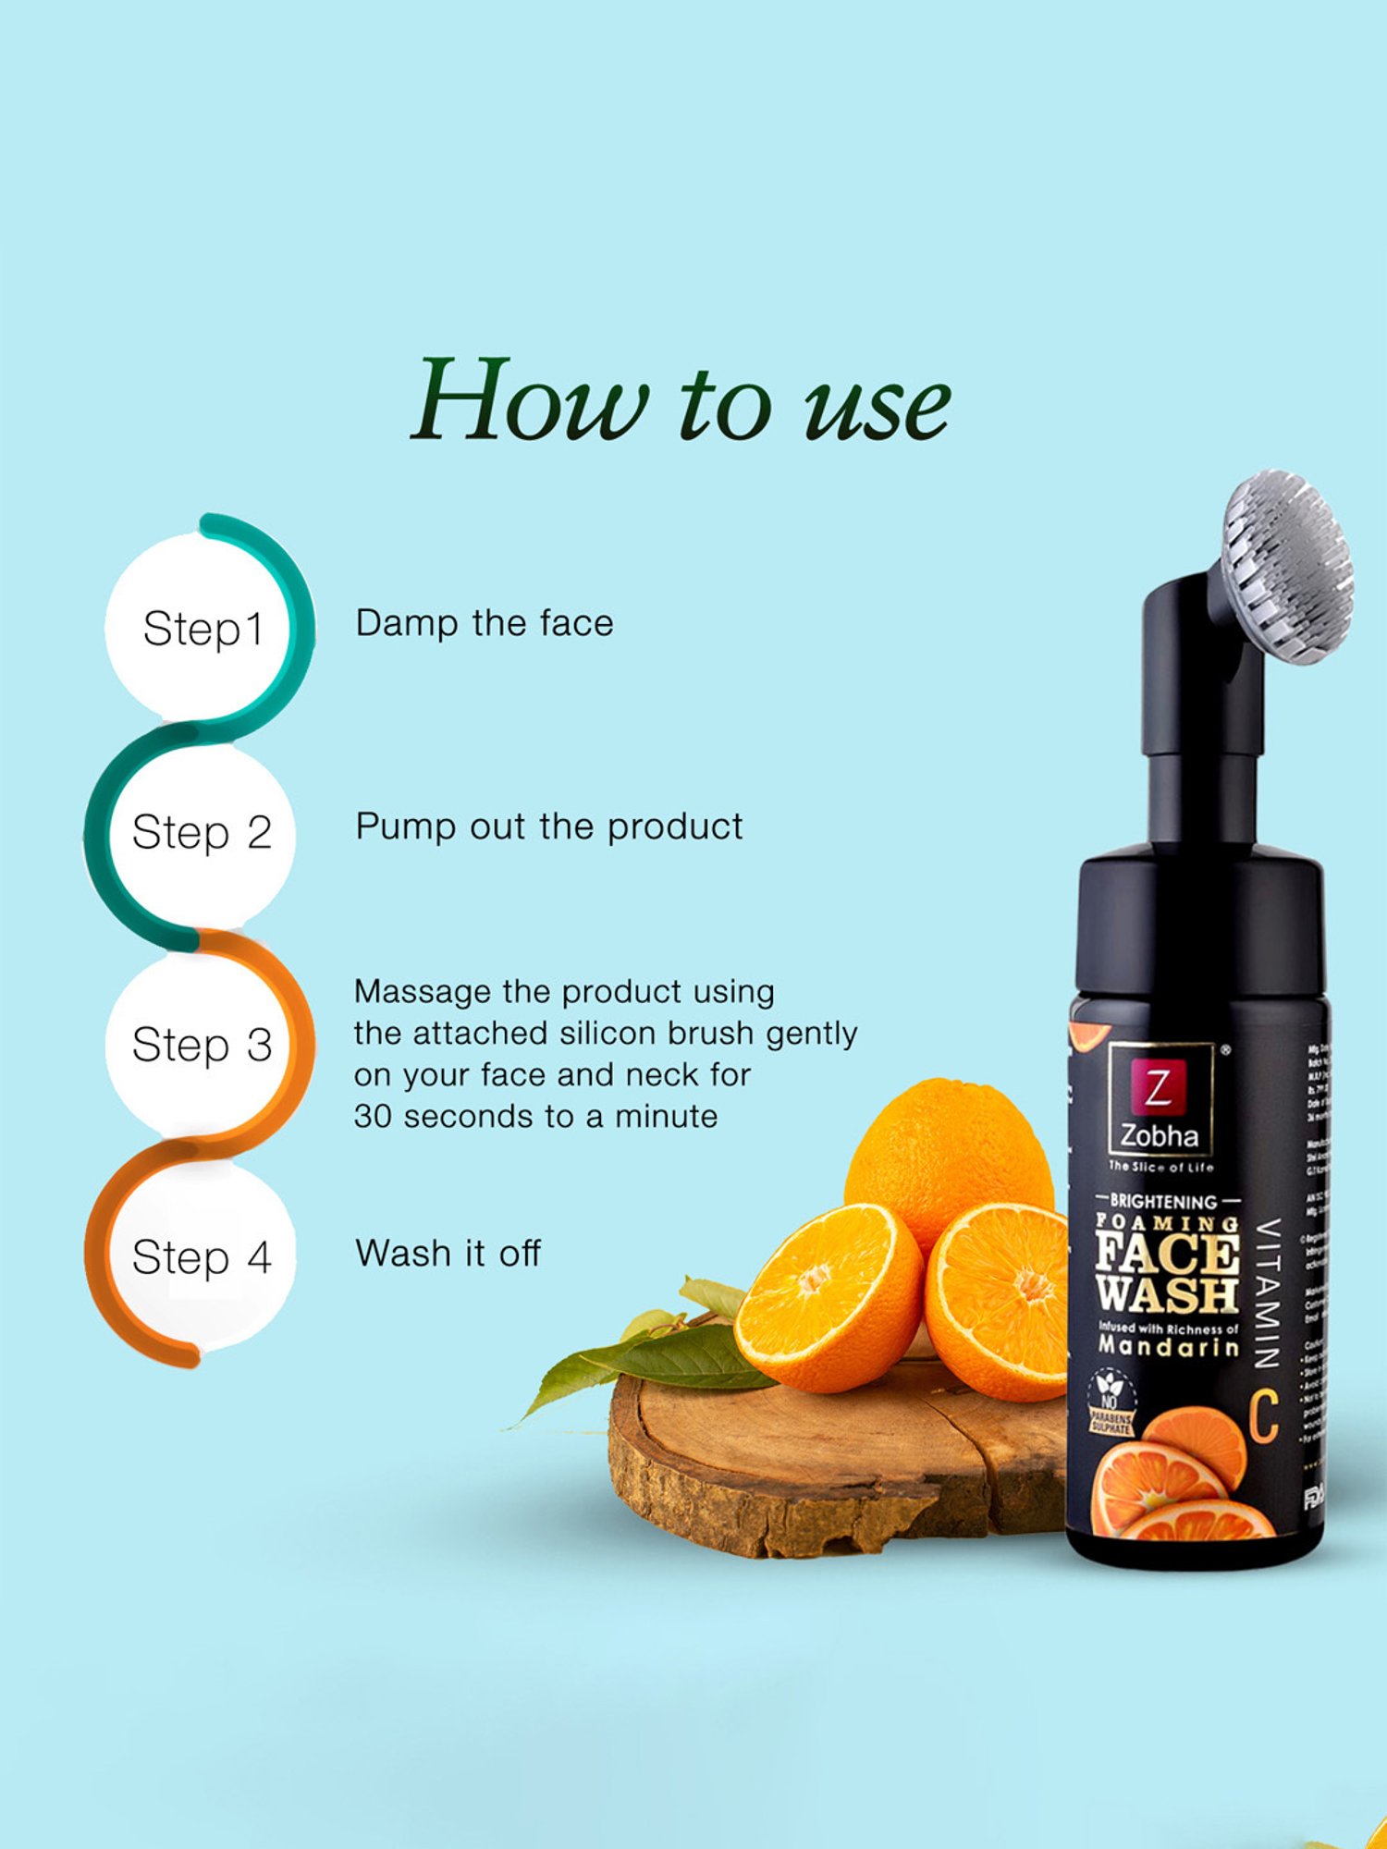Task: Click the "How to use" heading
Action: click(x=681, y=402)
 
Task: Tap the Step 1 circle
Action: click(x=202, y=629)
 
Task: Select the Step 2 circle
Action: click(x=202, y=832)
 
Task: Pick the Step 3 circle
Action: click(x=202, y=1045)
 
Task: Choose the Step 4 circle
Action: click(x=202, y=1257)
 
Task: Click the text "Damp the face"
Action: click(x=485, y=623)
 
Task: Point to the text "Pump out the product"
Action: click(x=549, y=827)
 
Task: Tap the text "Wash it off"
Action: click(x=448, y=1254)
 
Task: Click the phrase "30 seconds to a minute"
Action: click(x=536, y=1117)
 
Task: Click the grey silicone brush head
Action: click(x=1287, y=566)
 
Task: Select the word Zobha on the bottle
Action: click(x=1160, y=1136)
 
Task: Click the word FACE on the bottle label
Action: click(x=1167, y=1255)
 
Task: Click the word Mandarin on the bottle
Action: click(x=1169, y=1346)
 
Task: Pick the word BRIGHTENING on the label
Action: click(x=1163, y=1202)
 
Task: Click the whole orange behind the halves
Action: click(x=948, y=1151)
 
